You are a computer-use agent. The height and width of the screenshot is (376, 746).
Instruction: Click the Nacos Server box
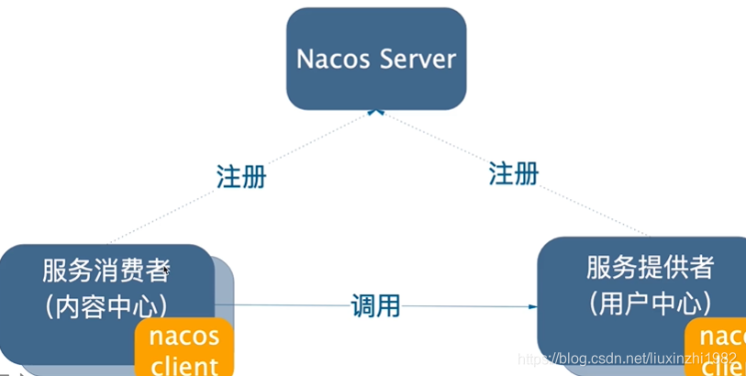tap(375, 59)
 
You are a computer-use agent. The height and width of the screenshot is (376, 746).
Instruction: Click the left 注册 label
tap(241, 176)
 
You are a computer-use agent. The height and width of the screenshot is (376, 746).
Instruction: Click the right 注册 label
tap(513, 172)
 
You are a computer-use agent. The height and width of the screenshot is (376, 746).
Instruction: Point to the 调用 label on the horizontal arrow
tap(375, 305)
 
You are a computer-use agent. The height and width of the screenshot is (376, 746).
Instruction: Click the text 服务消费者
tap(106, 271)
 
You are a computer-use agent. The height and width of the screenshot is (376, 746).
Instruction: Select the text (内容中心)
tap(106, 305)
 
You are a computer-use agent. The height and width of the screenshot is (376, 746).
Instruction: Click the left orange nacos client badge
tap(184, 348)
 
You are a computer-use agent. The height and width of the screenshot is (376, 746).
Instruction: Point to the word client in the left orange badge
tap(184, 366)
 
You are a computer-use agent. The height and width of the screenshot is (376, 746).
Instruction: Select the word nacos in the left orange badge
tap(184, 335)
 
